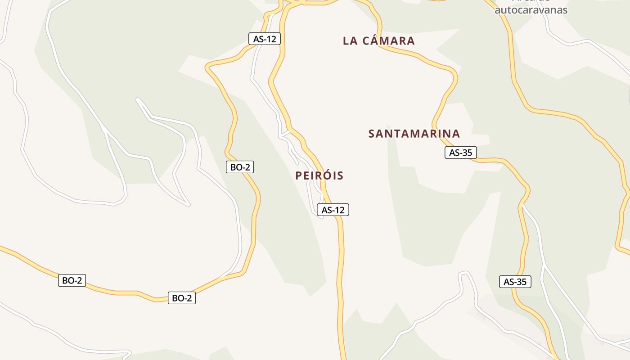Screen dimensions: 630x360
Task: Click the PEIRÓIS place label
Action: click(x=319, y=175)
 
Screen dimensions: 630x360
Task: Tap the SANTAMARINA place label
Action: click(x=414, y=134)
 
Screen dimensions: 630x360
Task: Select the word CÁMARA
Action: click(x=388, y=41)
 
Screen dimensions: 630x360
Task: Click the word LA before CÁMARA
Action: click(x=350, y=41)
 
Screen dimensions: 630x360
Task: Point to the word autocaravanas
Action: click(x=531, y=10)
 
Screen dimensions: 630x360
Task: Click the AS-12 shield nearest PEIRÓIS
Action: click(x=333, y=210)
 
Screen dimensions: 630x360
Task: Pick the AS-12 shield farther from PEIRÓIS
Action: click(x=265, y=39)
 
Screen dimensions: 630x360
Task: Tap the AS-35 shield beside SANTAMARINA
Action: click(x=461, y=153)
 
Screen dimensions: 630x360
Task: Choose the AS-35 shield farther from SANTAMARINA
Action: click(x=515, y=282)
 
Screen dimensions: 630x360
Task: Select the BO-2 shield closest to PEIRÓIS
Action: click(x=240, y=167)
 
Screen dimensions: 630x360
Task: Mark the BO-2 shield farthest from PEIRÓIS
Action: click(x=72, y=280)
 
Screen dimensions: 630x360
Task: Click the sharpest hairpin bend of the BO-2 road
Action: click(x=207, y=68)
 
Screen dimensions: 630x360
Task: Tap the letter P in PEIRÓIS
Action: click(x=298, y=176)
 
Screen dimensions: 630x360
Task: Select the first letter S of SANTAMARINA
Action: click(x=372, y=134)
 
